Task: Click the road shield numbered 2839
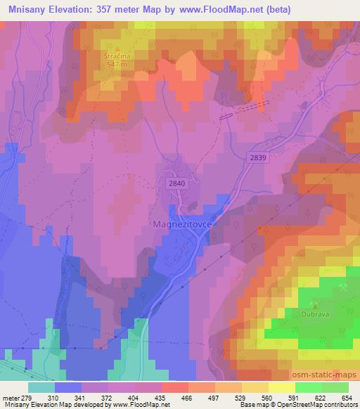pos(257,159)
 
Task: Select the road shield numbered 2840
pos(176,183)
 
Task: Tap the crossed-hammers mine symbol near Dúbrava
pos(342,287)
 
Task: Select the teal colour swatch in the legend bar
pos(41,387)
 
